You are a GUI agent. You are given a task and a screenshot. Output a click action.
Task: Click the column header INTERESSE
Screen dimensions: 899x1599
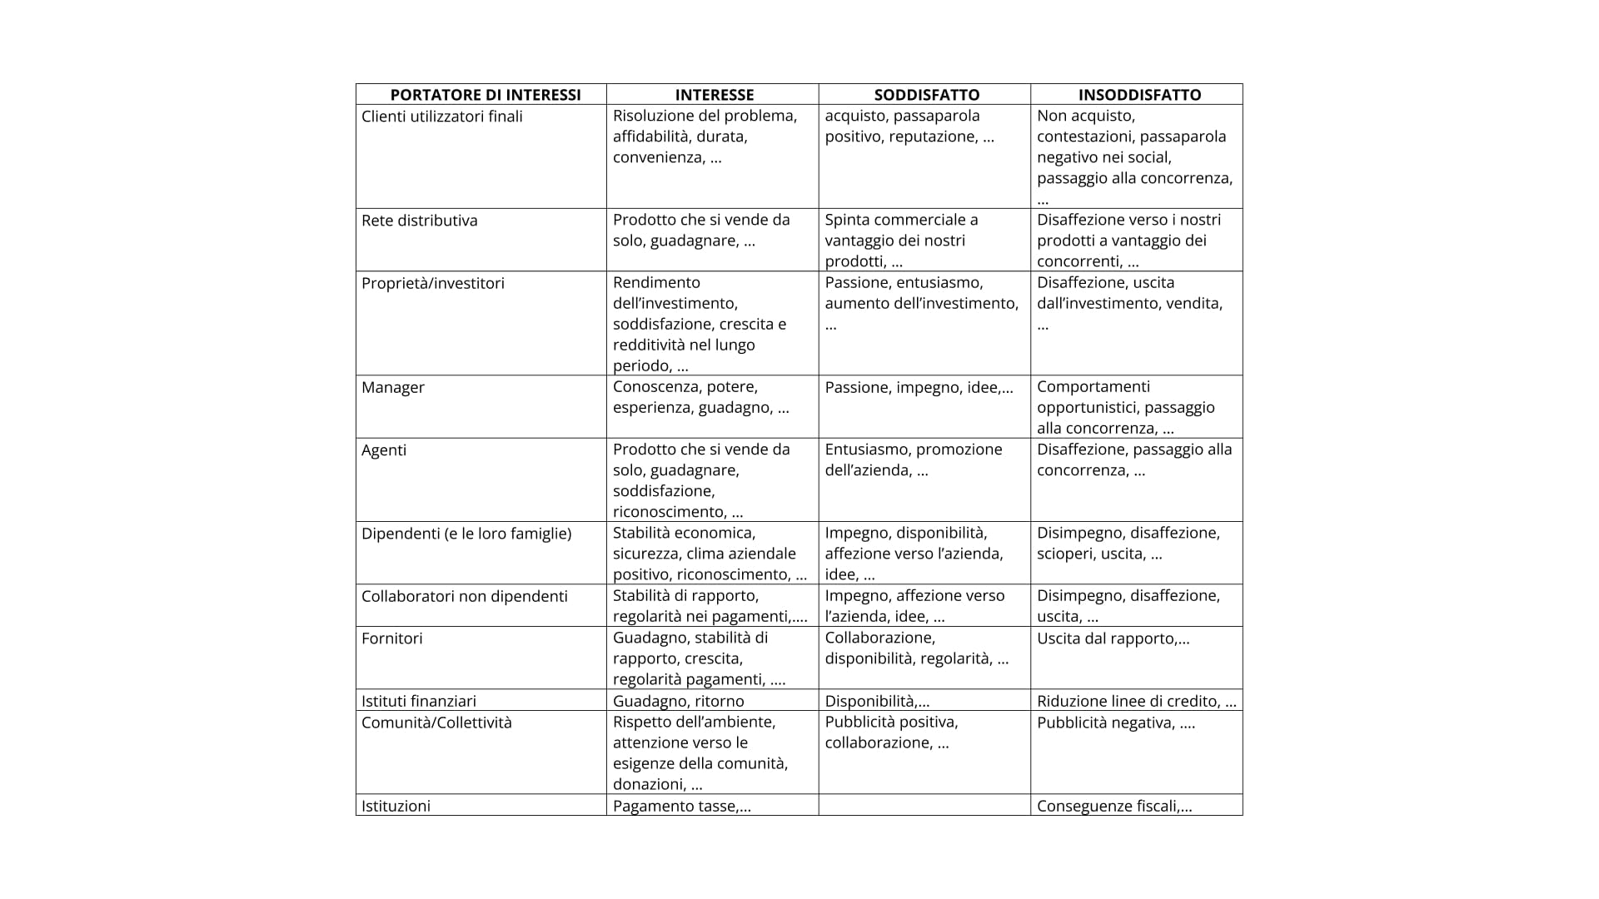[x=714, y=95]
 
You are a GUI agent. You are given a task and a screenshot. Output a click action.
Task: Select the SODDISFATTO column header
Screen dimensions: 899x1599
[x=926, y=95]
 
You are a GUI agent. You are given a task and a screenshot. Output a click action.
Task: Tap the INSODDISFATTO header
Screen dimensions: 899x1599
[x=1139, y=95]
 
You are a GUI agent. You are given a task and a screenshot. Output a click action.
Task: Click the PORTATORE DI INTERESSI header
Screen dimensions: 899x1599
[x=486, y=95]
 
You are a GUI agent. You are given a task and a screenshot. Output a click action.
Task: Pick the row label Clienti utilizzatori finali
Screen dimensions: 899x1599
[x=442, y=117]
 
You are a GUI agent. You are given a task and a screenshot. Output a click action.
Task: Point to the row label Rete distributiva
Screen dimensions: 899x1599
[x=420, y=221]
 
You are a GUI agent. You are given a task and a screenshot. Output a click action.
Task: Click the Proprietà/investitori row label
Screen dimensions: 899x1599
[x=433, y=283]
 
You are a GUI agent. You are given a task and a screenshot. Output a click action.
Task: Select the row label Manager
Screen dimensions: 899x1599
[x=393, y=387]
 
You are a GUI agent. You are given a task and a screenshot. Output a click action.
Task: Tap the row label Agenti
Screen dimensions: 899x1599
[x=384, y=449]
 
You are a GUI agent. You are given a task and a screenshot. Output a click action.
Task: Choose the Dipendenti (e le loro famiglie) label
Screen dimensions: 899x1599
[x=466, y=533]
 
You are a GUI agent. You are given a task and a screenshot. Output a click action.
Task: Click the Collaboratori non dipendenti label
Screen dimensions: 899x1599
[x=465, y=596]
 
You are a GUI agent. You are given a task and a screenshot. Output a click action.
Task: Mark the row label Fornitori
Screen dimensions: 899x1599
[x=392, y=638]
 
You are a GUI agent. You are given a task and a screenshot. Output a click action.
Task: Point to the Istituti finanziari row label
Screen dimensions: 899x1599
[x=419, y=701]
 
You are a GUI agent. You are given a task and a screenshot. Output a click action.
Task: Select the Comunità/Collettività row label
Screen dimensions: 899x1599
[x=436, y=723]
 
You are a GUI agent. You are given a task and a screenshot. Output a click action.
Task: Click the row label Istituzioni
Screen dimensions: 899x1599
[x=396, y=806]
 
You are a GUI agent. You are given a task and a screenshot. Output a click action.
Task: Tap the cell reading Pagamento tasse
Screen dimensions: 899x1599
[x=682, y=806]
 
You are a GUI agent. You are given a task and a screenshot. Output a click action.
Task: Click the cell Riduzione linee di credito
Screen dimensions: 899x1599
[x=1136, y=701]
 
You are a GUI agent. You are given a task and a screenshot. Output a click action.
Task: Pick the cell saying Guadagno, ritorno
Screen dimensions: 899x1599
[x=679, y=701]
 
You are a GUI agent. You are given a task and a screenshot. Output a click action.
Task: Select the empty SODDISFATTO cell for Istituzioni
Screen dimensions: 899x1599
[x=924, y=805]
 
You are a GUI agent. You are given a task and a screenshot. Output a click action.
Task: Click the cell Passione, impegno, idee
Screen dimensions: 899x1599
[x=919, y=387]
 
